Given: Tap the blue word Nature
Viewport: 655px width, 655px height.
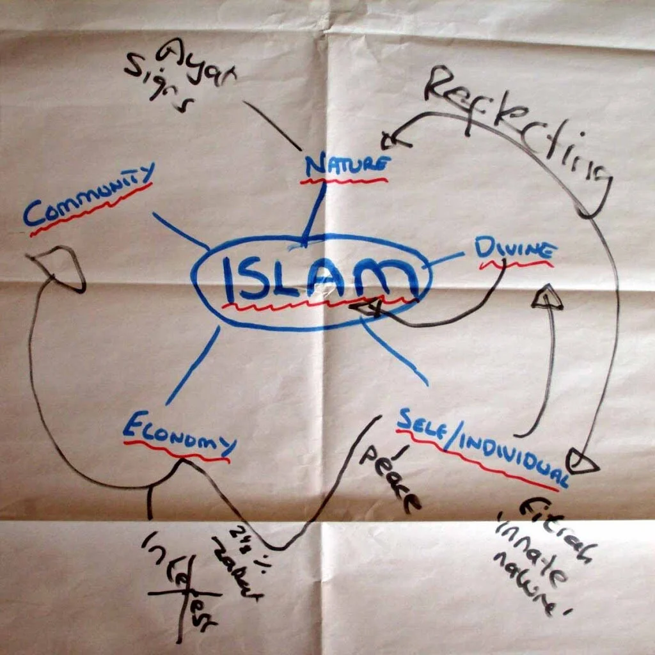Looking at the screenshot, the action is coord(346,166).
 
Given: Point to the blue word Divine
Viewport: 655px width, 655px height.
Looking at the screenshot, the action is coord(514,249).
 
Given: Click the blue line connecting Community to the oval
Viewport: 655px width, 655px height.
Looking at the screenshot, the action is coord(180,230).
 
